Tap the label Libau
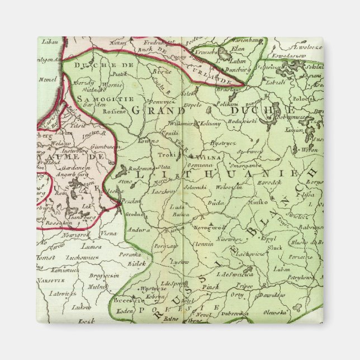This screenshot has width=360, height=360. pyautogui.click(x=46, y=42)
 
